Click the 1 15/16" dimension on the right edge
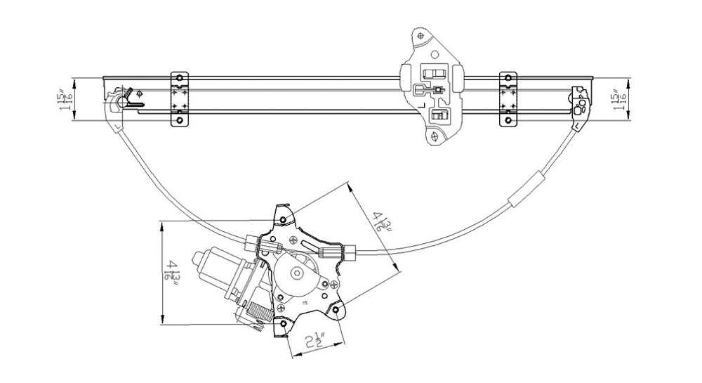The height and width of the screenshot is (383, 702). pos(617,99)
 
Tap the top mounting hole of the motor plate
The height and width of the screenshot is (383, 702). pos(282,220)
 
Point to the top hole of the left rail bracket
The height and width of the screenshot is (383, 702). pos(179,78)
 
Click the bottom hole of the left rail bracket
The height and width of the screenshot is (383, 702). pos(179,119)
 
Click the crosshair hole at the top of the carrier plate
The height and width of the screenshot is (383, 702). pos(420,34)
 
